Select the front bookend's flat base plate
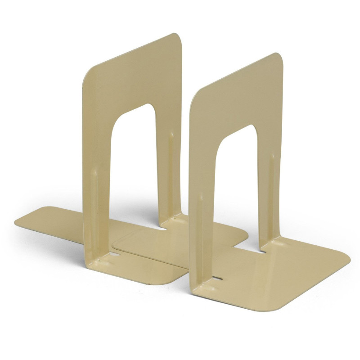coord(288,279)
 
